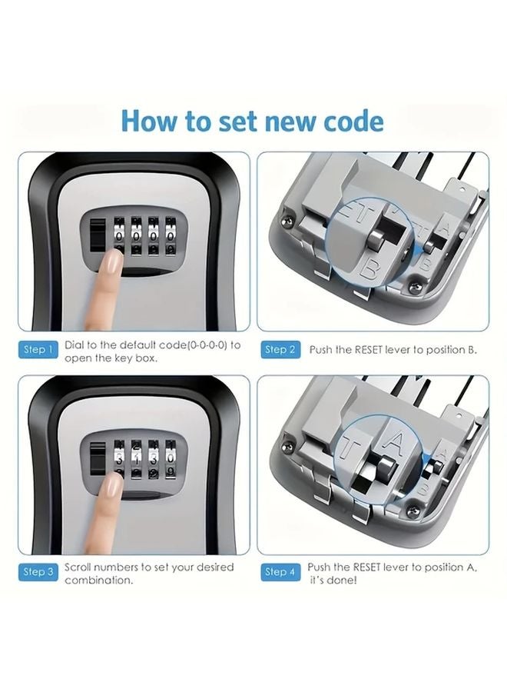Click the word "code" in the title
pyautogui.click(x=348, y=121)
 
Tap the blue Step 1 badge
pyautogui.click(x=38, y=350)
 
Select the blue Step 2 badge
pyautogui.click(x=280, y=350)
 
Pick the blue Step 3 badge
pyautogui.click(x=38, y=572)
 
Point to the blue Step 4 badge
pyautogui.click(x=280, y=572)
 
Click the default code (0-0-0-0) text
pyautogui.click(x=192, y=344)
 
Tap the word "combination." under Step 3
pyautogui.click(x=98, y=580)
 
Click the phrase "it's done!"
pyautogui.click(x=333, y=580)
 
